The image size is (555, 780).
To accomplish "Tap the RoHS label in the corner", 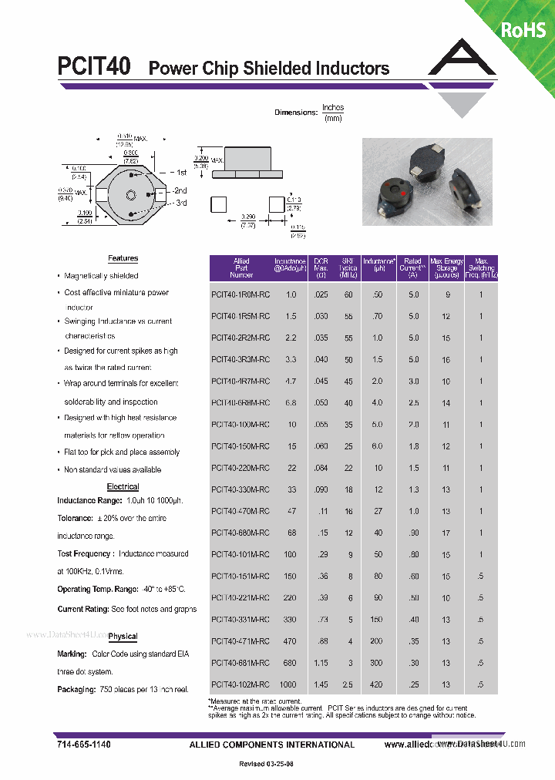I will click(523, 30).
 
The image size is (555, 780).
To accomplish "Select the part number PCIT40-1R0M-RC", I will click(240, 295).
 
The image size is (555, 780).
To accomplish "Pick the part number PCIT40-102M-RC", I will click(240, 684).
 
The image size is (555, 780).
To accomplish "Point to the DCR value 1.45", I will click(321, 684).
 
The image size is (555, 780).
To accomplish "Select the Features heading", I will click(123, 259).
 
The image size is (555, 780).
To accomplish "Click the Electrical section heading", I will click(123, 487).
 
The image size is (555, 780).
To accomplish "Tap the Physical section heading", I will click(123, 637).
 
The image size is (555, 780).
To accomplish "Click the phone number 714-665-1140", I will click(83, 745).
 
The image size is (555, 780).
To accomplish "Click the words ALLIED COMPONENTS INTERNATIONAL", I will click(271, 745).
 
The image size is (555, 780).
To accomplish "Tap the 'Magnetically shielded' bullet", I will click(101, 276).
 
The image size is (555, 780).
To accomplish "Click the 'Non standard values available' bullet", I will click(113, 470).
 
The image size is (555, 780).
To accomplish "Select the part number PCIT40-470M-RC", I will click(240, 511).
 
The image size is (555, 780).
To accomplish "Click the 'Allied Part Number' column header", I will click(241, 267).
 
